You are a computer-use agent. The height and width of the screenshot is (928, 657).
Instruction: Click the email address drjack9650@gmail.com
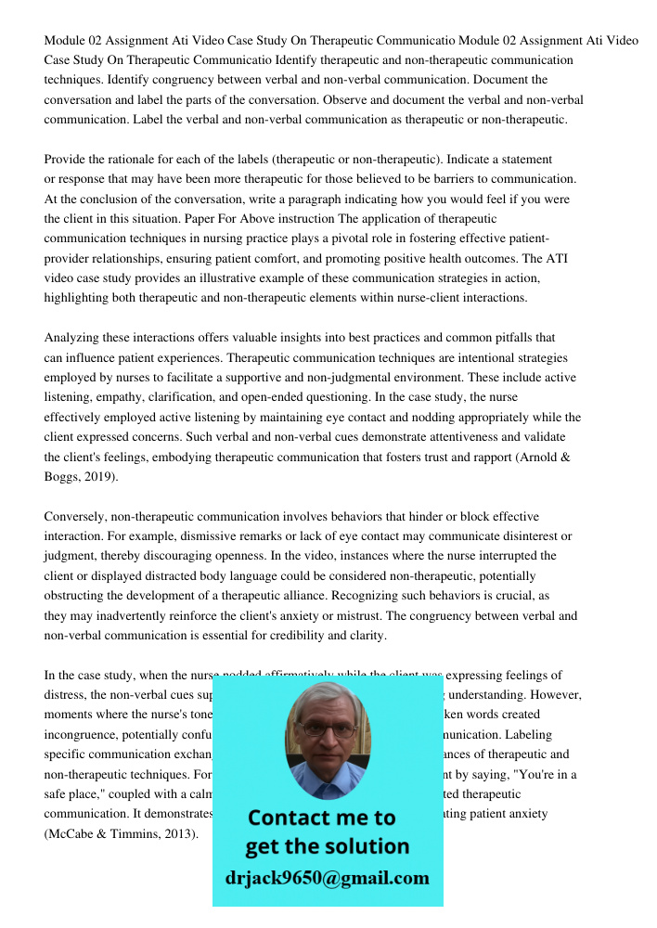tap(328, 878)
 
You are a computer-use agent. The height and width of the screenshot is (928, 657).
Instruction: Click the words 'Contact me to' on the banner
tap(321, 818)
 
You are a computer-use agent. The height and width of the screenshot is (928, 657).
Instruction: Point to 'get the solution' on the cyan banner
tap(327, 846)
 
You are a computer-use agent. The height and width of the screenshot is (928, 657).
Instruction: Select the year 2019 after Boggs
tap(99, 476)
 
